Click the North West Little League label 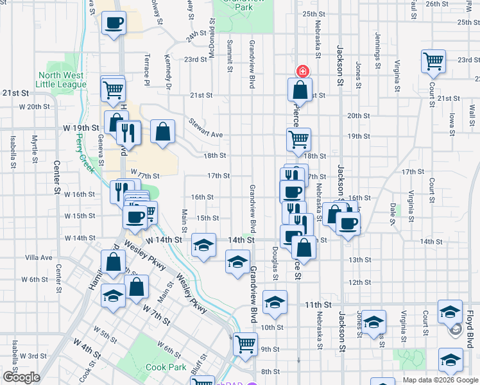(62, 80)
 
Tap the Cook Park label (166, 368)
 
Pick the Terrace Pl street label (147, 70)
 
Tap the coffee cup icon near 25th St (114, 23)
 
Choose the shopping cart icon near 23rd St (434, 62)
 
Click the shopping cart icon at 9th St (245, 345)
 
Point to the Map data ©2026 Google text (440, 380)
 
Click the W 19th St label (80, 128)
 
